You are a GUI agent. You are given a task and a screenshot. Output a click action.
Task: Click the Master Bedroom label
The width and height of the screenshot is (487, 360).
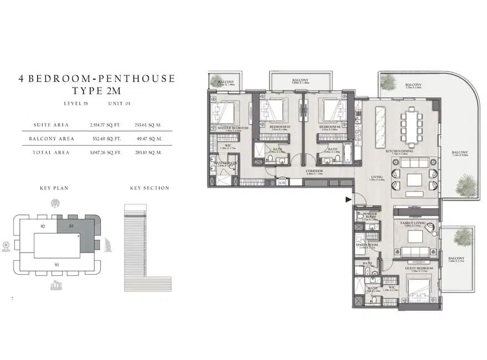(x=232, y=127)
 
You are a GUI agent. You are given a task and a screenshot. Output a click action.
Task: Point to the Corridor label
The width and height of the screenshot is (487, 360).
(x=314, y=172)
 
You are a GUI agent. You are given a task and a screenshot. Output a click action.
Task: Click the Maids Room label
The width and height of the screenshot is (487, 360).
(x=367, y=245)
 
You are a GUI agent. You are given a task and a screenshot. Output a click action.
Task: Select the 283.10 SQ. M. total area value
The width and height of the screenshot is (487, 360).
(x=148, y=152)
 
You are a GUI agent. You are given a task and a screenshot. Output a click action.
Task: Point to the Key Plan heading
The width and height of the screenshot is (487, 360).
(x=54, y=188)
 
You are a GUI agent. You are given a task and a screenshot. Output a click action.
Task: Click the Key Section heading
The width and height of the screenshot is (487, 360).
(x=149, y=188)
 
